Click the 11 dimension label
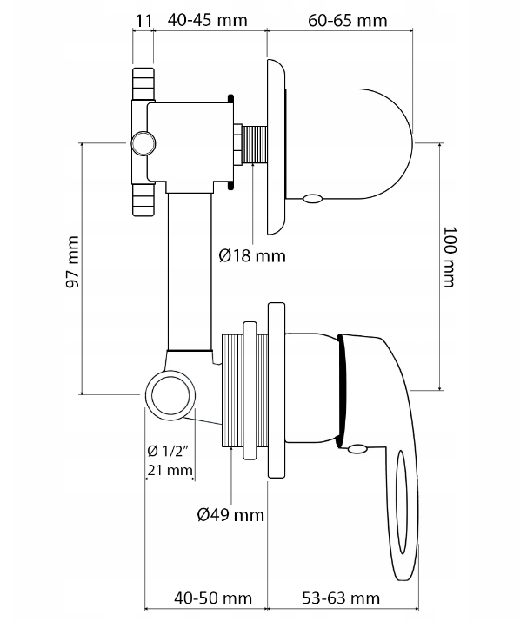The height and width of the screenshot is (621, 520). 144,17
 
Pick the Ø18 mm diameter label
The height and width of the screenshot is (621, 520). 252,255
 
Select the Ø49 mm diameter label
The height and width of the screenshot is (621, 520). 230,515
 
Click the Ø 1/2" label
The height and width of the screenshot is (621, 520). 169,450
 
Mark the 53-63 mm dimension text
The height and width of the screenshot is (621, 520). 340,598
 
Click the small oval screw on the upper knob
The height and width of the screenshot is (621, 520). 311,200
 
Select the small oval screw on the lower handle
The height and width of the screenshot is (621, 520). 357,449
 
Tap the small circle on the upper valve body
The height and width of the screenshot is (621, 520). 142,142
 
